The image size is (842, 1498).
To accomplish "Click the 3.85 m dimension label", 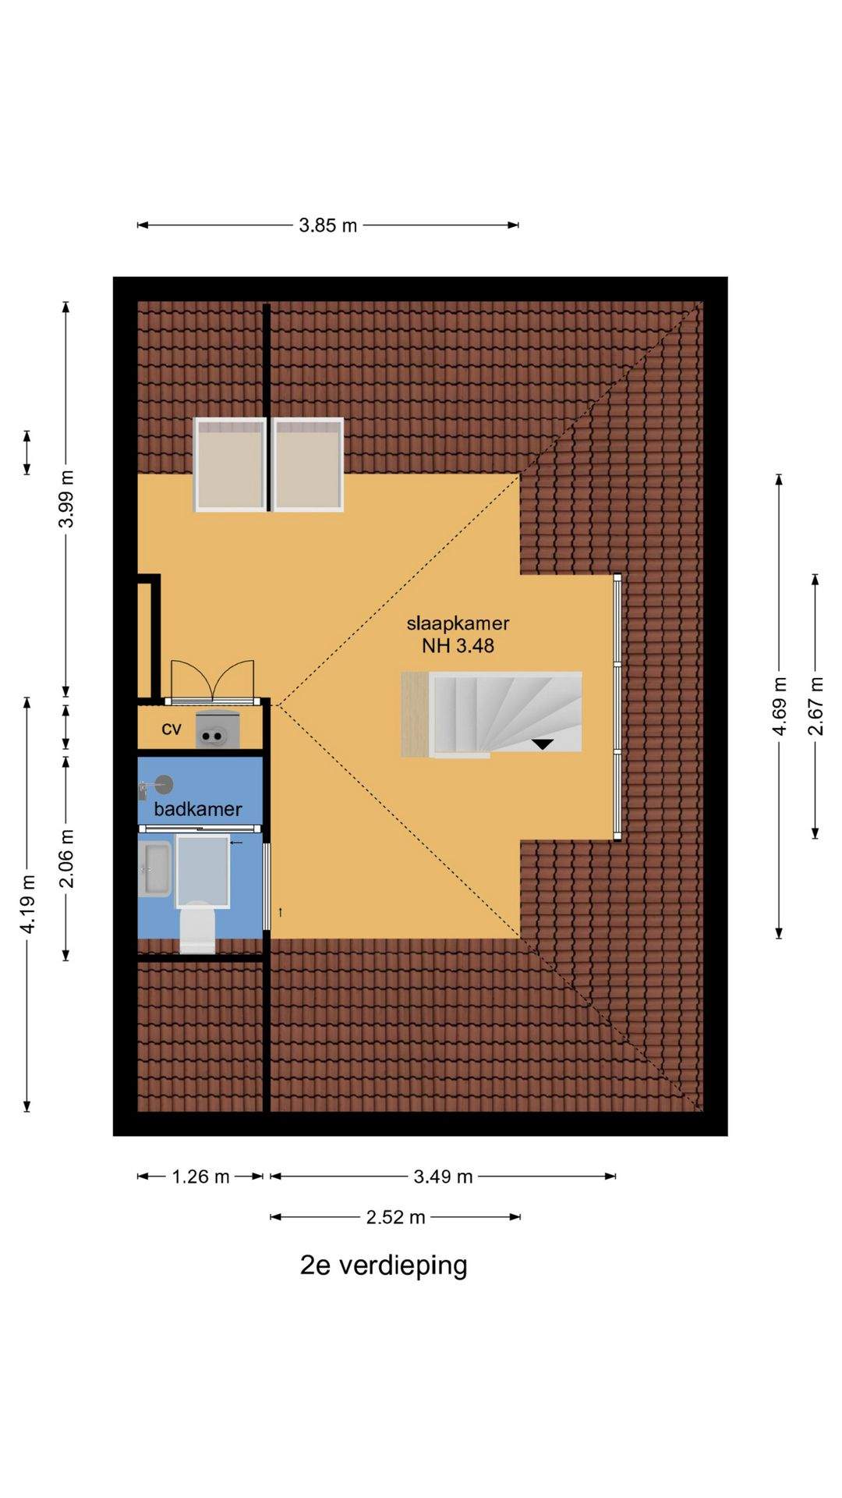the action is click(327, 225).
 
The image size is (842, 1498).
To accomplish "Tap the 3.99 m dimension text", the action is click(67, 499).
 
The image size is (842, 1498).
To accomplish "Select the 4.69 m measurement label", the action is click(779, 706).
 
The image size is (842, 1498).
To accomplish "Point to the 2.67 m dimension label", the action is click(815, 706).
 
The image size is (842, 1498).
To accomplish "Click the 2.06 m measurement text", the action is click(67, 858).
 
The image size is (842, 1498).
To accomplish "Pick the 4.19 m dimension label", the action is click(28, 904).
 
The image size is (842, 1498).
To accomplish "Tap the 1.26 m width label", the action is click(200, 1177).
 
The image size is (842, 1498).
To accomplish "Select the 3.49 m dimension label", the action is click(443, 1177).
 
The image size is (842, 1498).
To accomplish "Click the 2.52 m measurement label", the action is click(395, 1217).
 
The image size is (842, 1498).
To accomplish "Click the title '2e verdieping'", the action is click(384, 1265).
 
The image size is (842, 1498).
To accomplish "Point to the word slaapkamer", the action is click(458, 623).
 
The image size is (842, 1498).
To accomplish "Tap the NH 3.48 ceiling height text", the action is click(458, 646).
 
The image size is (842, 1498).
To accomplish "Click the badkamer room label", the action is click(198, 809).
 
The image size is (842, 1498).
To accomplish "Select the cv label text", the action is click(172, 729).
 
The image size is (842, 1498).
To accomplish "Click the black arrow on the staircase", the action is click(542, 744).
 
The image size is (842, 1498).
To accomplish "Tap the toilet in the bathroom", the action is click(197, 928).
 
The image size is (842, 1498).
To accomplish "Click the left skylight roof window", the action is click(230, 464).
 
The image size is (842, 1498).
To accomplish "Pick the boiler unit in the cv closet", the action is click(217, 730).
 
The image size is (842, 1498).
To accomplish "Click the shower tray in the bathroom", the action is click(203, 871).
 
